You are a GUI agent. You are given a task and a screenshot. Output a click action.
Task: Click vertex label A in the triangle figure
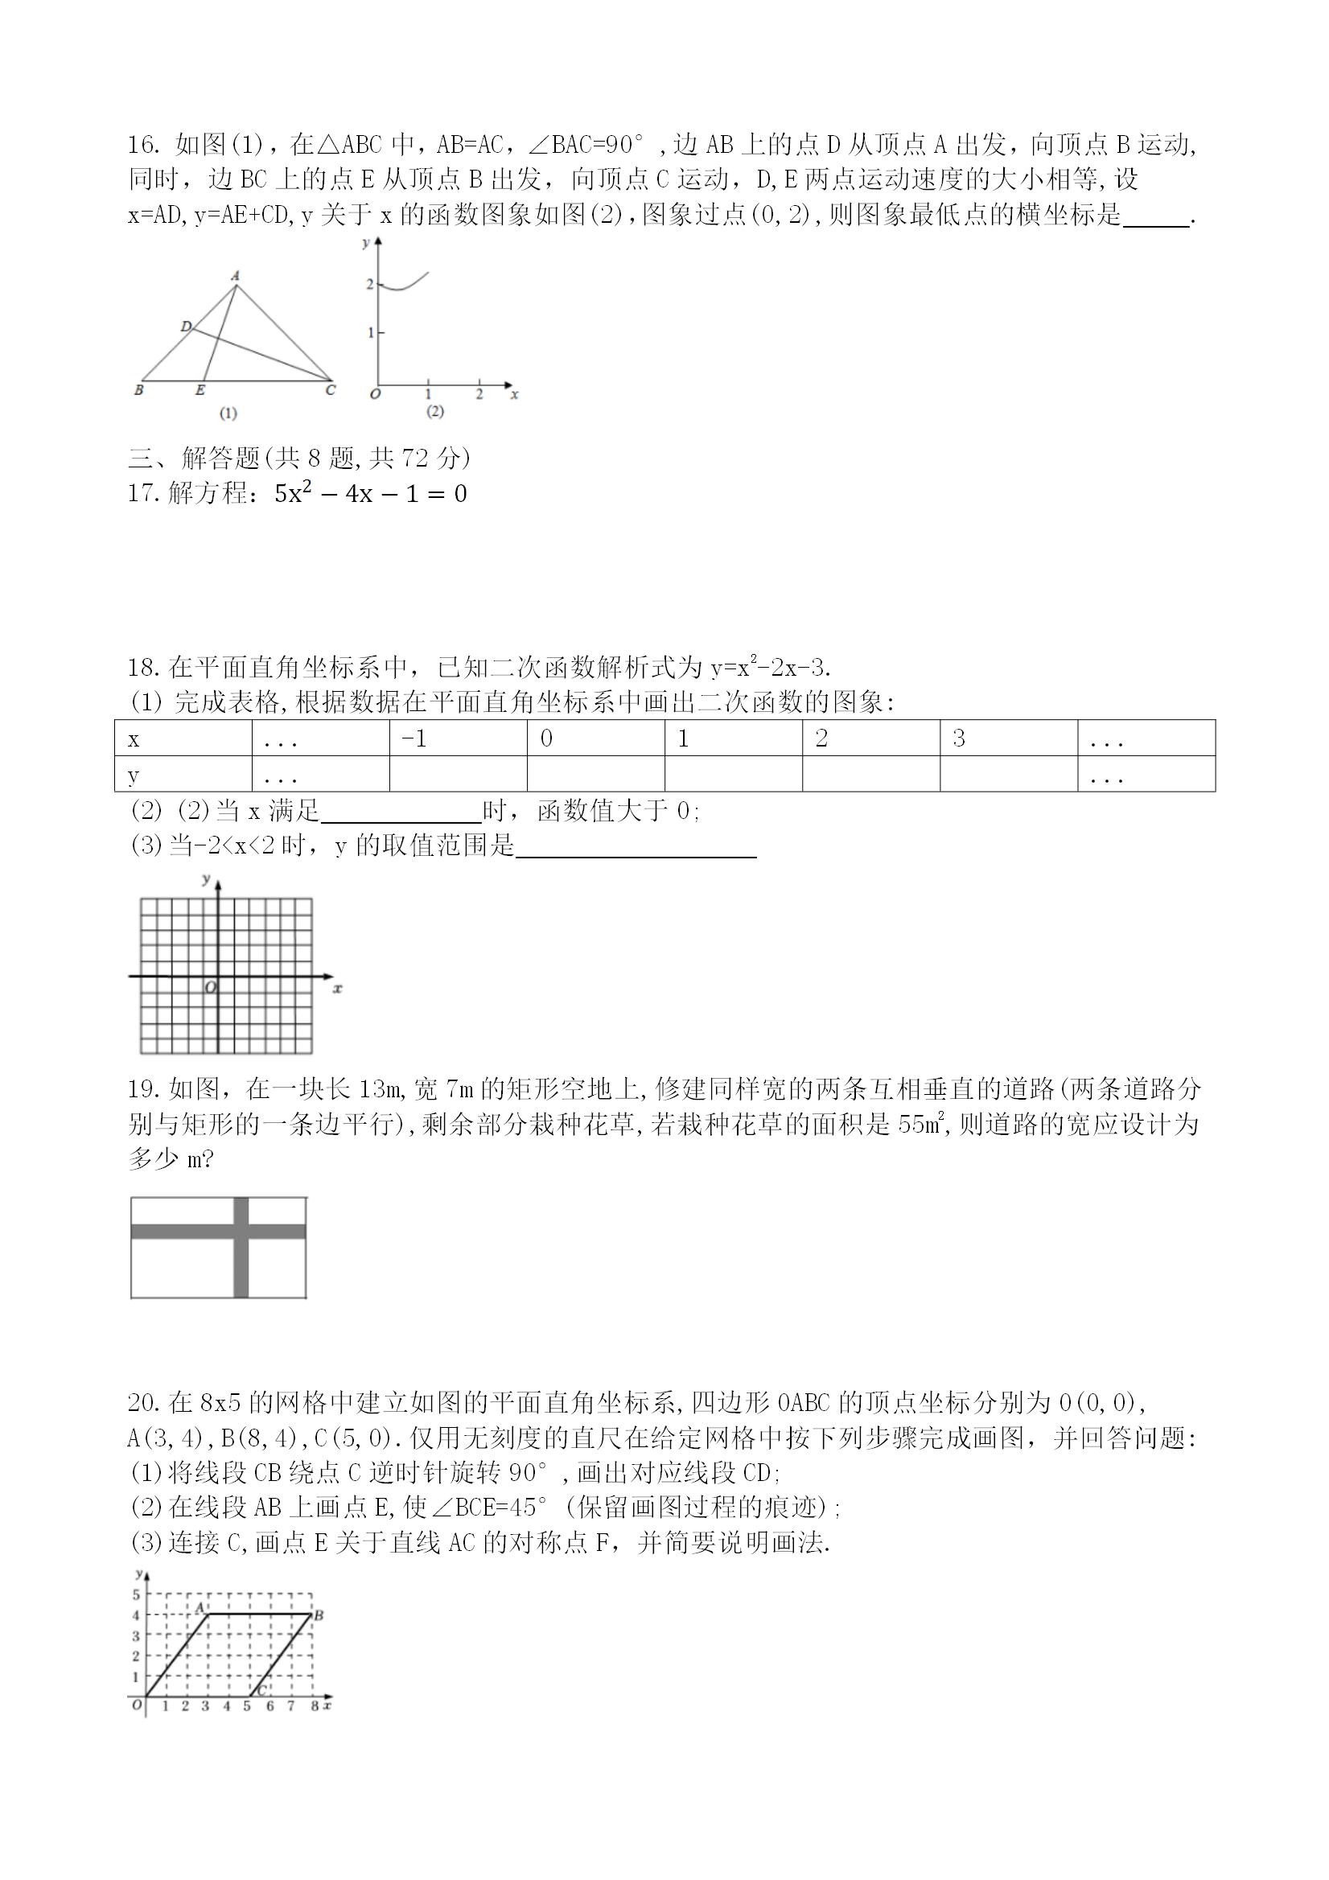click(x=235, y=276)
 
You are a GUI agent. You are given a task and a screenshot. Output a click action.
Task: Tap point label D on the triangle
click(x=186, y=327)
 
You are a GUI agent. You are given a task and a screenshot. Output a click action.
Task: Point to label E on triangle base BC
click(x=200, y=391)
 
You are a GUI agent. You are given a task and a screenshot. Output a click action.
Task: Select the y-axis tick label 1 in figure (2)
click(x=370, y=332)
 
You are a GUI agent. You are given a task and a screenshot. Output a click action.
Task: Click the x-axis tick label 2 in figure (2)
click(x=479, y=395)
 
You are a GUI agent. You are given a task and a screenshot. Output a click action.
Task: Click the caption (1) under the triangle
click(x=228, y=413)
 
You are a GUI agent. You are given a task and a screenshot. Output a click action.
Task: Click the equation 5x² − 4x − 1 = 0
click(x=371, y=494)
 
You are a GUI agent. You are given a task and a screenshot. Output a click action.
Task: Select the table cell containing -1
click(x=458, y=738)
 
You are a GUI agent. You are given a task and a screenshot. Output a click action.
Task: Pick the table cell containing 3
click(x=1008, y=738)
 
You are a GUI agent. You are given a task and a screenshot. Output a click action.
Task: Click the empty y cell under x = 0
click(x=595, y=774)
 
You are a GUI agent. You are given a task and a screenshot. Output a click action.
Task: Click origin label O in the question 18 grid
click(x=211, y=989)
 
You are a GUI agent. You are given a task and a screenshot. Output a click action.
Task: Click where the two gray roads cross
click(x=241, y=1232)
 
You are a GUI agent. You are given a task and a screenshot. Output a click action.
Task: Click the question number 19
click(x=142, y=1090)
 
